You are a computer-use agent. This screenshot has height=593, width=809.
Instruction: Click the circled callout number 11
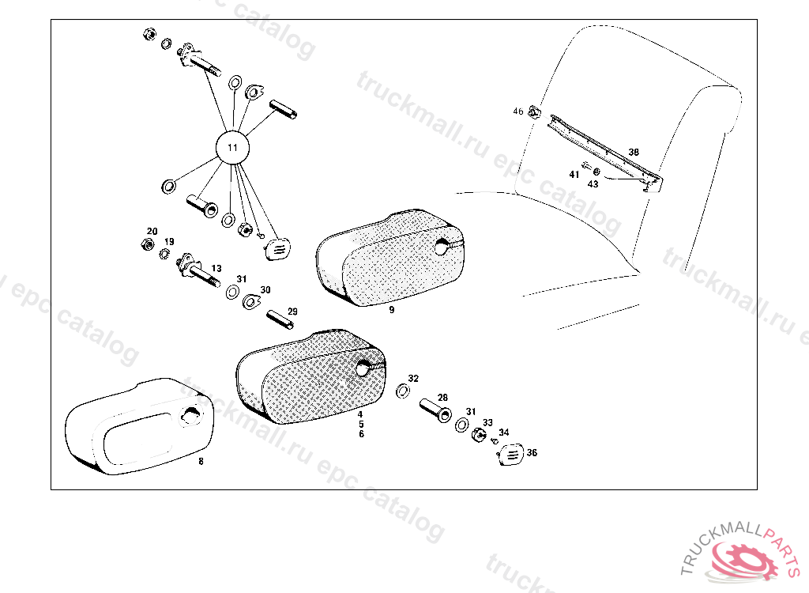coord(233,148)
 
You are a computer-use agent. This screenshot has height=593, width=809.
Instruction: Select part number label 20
coord(152,232)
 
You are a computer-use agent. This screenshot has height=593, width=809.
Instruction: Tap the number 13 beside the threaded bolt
coord(216,269)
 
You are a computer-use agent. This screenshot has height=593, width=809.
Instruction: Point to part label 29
coord(292,312)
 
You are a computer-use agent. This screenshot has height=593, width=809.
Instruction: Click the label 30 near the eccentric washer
coord(265,290)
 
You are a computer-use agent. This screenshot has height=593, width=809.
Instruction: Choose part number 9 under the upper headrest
coord(392,310)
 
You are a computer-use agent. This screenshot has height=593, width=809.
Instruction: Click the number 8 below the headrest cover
coord(201,461)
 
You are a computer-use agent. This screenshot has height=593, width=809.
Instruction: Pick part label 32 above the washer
coord(413,379)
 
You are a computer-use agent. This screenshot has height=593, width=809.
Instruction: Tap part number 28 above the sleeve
coord(442,398)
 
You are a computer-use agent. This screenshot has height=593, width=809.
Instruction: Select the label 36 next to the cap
coord(532,452)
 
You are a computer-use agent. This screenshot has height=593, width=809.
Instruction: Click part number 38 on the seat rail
coord(634,152)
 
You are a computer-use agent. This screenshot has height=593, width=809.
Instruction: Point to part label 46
coord(518,111)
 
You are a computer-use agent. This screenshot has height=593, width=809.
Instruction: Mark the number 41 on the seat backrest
coord(574,175)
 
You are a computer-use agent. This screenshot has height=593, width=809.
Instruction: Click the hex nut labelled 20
coord(147,244)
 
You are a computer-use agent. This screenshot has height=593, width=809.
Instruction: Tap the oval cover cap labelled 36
coord(511,455)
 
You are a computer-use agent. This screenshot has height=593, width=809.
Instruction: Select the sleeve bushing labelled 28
coord(436,410)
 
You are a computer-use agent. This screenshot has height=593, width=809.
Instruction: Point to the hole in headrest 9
coord(442,247)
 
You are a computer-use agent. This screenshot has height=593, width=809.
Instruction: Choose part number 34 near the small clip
coord(504,432)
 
